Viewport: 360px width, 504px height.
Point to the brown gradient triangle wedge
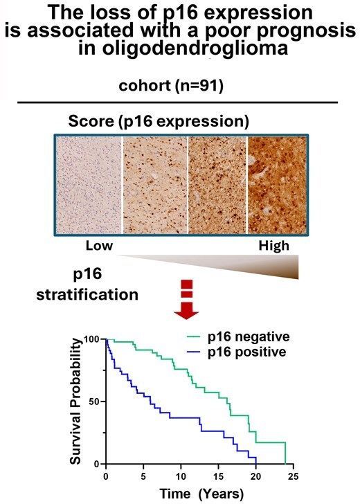point(263,267)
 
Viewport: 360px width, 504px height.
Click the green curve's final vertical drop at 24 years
point(285,453)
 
